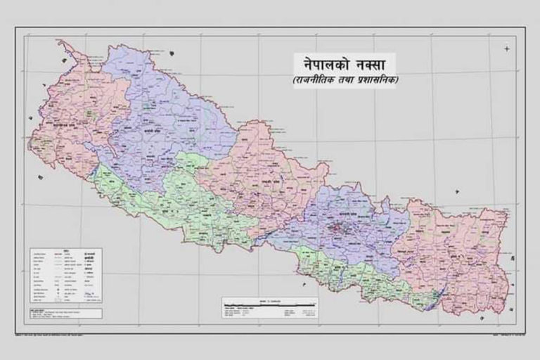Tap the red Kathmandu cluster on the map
(x=341, y=227)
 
